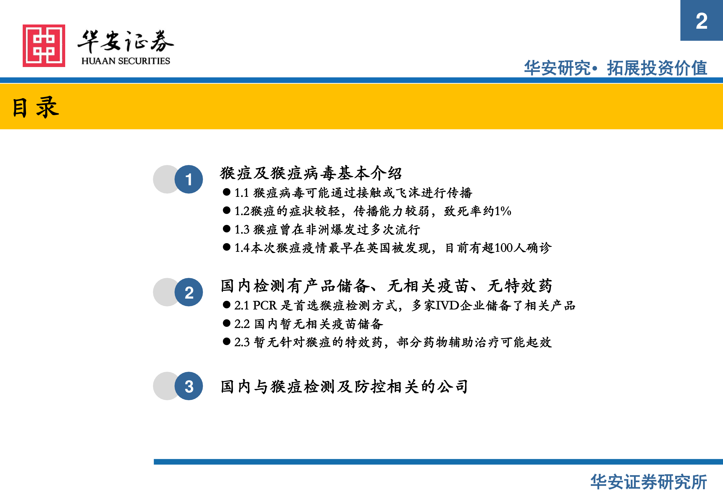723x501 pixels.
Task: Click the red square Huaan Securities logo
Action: [x=44, y=46]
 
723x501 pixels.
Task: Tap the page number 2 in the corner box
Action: [x=702, y=21]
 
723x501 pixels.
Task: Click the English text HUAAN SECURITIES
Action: [x=126, y=61]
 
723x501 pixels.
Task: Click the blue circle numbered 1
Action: [x=189, y=179]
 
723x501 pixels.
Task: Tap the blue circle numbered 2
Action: [x=189, y=292]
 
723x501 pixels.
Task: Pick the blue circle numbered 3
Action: [x=189, y=386]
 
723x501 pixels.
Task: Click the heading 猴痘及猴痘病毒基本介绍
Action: [x=311, y=173]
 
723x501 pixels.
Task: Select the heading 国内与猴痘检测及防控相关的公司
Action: [x=344, y=386]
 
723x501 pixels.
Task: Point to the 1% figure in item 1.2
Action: [x=503, y=211]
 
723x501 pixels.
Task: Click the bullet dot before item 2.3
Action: [x=227, y=342]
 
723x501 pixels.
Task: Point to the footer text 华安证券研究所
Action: [x=649, y=482]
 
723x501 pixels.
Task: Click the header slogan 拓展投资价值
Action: [x=657, y=68]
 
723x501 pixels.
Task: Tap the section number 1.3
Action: [x=242, y=230]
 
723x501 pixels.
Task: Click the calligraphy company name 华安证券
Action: [x=126, y=41]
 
